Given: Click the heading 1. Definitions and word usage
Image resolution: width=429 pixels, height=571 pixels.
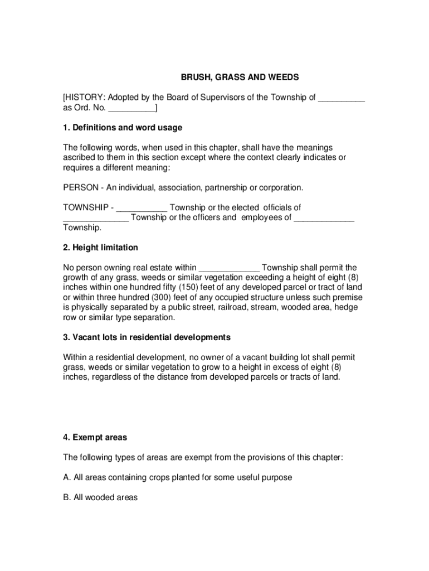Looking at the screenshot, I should coord(123,128).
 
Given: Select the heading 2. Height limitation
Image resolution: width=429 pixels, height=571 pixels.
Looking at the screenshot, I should coord(100,248).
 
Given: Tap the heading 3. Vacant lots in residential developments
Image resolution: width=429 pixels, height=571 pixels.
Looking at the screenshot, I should coord(147,338).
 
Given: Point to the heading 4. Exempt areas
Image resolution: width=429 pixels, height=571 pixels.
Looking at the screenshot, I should coord(95,438).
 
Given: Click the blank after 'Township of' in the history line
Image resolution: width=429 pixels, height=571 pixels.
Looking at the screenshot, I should coord(342,98).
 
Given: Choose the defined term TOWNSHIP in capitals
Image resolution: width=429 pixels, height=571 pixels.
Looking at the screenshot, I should coord(86,207).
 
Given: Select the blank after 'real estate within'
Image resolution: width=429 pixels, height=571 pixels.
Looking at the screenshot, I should coord(229,268).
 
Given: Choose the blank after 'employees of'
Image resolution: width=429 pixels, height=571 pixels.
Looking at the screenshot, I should coord(324,217).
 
